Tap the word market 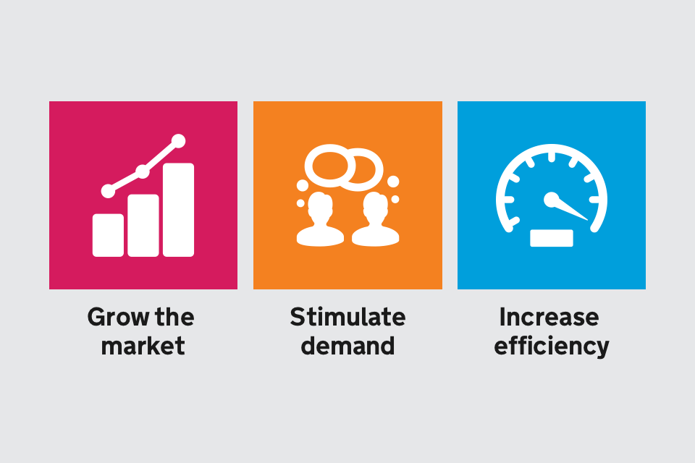pyautogui.click(x=143, y=346)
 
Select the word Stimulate pyautogui.click(x=347, y=318)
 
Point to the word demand pyautogui.click(x=347, y=346)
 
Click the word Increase pyautogui.click(x=549, y=318)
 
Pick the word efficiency pyautogui.click(x=552, y=347)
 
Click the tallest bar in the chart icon pyautogui.click(x=178, y=210)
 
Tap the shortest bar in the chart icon pyautogui.click(x=108, y=235)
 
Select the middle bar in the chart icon pyautogui.click(x=143, y=226)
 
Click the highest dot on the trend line pyautogui.click(x=178, y=141)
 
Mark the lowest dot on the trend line pyautogui.click(x=108, y=191)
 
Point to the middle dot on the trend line pyautogui.click(x=143, y=171)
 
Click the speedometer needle pyautogui.click(x=570, y=209)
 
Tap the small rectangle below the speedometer pyautogui.click(x=552, y=238)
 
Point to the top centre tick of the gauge pyautogui.click(x=552, y=157)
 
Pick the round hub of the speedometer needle pyautogui.click(x=552, y=200)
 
